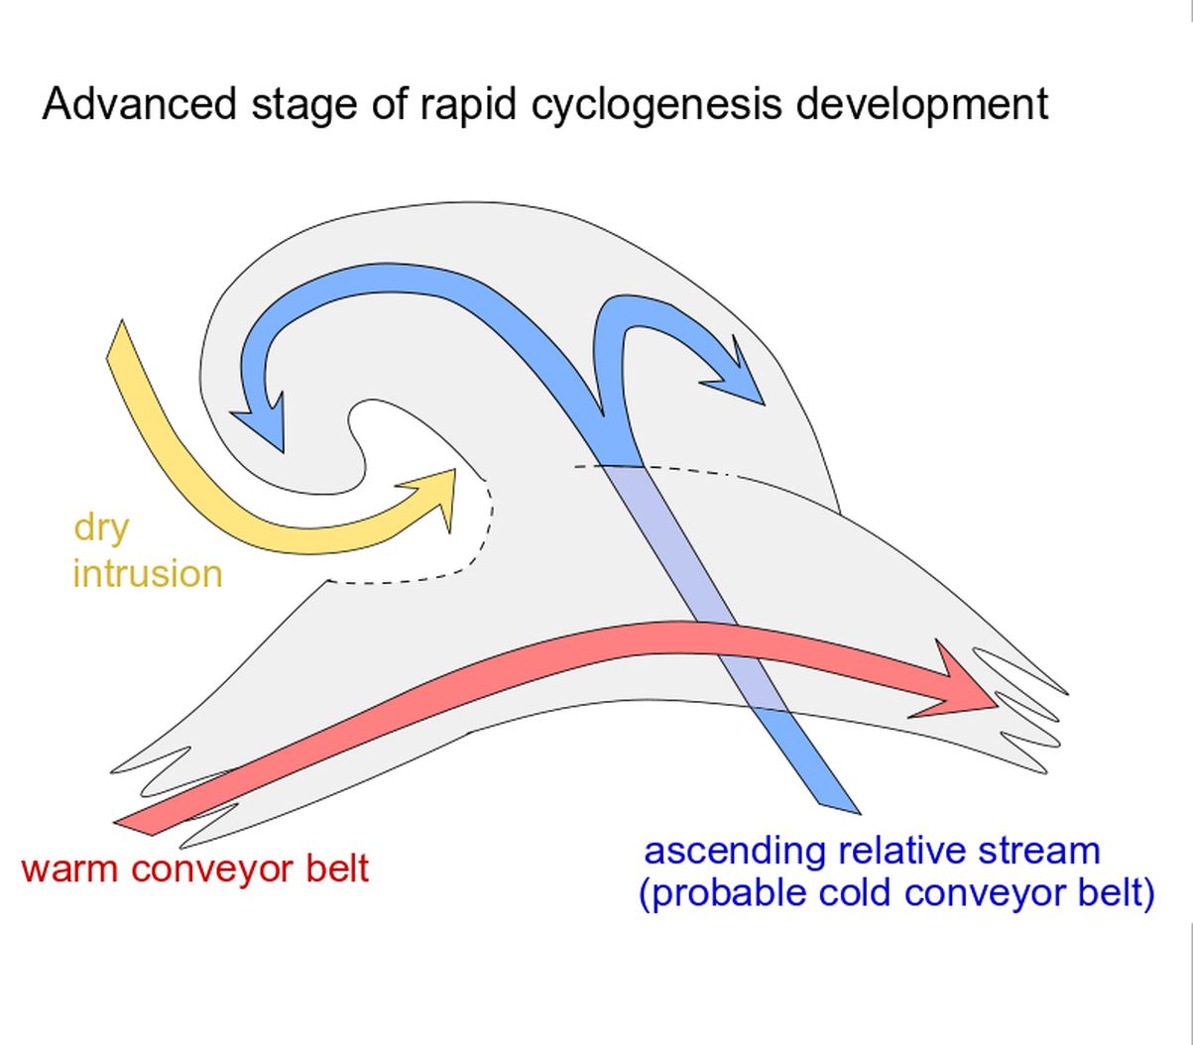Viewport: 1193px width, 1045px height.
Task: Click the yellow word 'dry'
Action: pos(101,528)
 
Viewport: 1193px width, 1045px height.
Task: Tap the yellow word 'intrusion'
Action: pos(148,573)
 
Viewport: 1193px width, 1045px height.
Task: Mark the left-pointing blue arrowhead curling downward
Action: pos(261,421)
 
